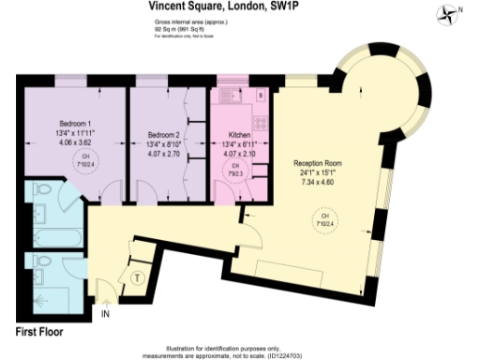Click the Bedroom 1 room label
coord(76,124)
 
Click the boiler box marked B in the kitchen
coord(260,95)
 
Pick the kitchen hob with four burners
coord(257,120)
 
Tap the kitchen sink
coord(228,94)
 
